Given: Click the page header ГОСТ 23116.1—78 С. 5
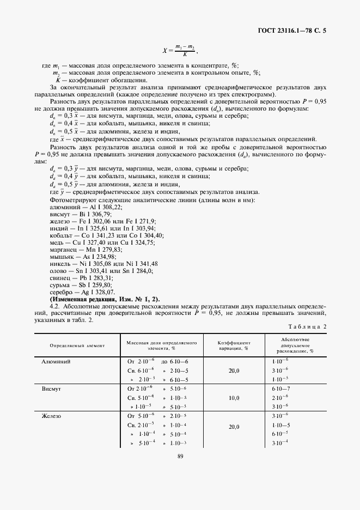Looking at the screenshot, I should point(294,32).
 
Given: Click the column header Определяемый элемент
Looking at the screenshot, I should point(77,345).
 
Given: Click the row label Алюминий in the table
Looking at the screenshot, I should point(57,361).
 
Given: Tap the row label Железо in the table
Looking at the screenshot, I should point(51,416).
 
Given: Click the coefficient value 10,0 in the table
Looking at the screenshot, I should point(234,398).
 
